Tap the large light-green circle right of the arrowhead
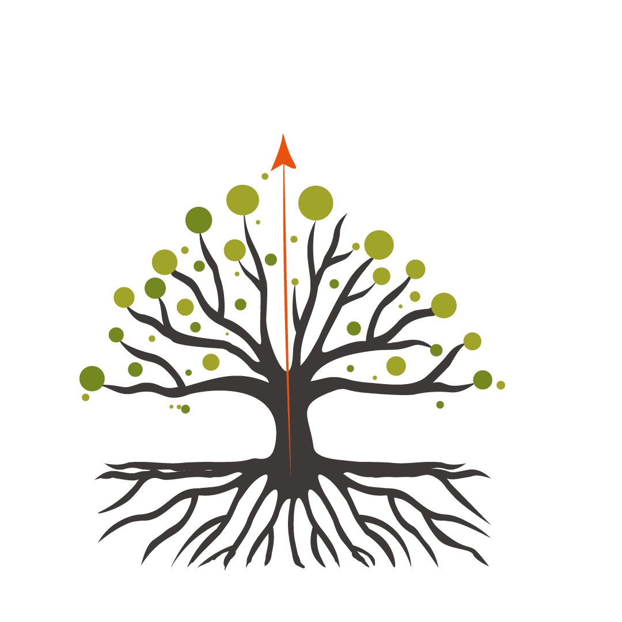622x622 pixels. (x=316, y=203)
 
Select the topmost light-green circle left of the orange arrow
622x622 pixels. (x=242, y=200)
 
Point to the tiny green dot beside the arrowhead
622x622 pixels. (x=265, y=176)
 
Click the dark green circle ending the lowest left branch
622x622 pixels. (x=92, y=378)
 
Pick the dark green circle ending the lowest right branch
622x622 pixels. (x=483, y=380)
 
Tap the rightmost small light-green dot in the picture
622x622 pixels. (x=500, y=385)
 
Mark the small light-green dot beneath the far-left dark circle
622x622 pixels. (x=86, y=397)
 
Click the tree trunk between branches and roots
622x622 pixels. (x=288, y=420)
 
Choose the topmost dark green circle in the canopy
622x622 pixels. (x=199, y=219)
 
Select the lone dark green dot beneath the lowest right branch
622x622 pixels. (x=440, y=404)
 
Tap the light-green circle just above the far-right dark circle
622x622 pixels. (x=472, y=341)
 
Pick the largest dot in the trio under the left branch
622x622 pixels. (x=185, y=409)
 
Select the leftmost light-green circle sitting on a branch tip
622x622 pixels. (x=124, y=297)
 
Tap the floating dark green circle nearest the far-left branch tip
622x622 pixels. (x=135, y=369)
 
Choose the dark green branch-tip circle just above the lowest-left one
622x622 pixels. (x=116, y=334)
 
